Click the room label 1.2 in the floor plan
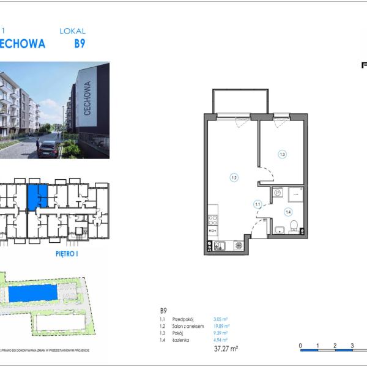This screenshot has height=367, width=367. click(x=234, y=178)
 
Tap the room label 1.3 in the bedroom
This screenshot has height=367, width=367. click(x=282, y=154)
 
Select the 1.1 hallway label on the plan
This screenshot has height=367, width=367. click(x=258, y=204)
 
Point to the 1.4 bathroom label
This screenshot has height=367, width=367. click(x=287, y=212)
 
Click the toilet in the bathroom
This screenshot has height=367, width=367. click(x=294, y=227)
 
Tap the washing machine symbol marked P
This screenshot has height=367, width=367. click(x=276, y=193)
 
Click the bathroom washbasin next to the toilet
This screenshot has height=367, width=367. click(x=279, y=229)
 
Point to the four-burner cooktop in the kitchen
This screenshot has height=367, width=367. click(x=212, y=220)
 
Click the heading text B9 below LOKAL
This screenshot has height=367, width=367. click(x=80, y=44)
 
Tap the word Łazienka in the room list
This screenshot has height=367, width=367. click(x=181, y=340)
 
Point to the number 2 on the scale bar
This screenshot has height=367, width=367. click(x=335, y=346)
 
